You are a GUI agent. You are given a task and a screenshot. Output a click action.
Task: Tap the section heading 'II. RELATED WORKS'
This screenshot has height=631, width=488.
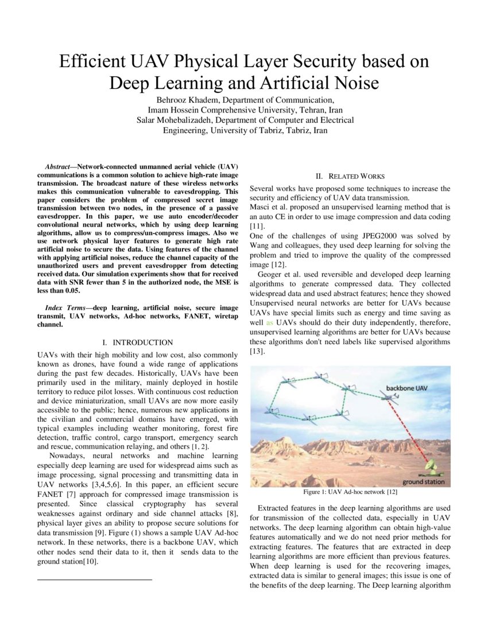350,176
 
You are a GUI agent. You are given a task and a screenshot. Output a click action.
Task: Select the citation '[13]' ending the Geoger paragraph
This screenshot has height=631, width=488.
257,352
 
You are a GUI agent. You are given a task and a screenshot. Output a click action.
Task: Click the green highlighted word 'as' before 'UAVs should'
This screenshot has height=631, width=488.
270,323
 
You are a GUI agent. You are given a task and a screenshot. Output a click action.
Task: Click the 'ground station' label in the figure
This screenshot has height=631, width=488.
424,481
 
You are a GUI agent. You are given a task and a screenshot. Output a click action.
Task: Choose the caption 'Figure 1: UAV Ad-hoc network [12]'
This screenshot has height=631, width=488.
350,492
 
